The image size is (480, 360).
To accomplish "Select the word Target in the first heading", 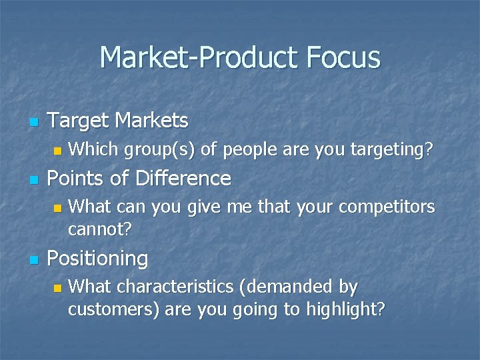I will click(80, 121).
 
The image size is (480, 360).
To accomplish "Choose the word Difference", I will click(184, 179).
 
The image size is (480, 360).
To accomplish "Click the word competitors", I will click(387, 207).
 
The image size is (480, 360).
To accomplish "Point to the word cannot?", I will click(100, 229).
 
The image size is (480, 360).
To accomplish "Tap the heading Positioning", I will click(99, 258).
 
